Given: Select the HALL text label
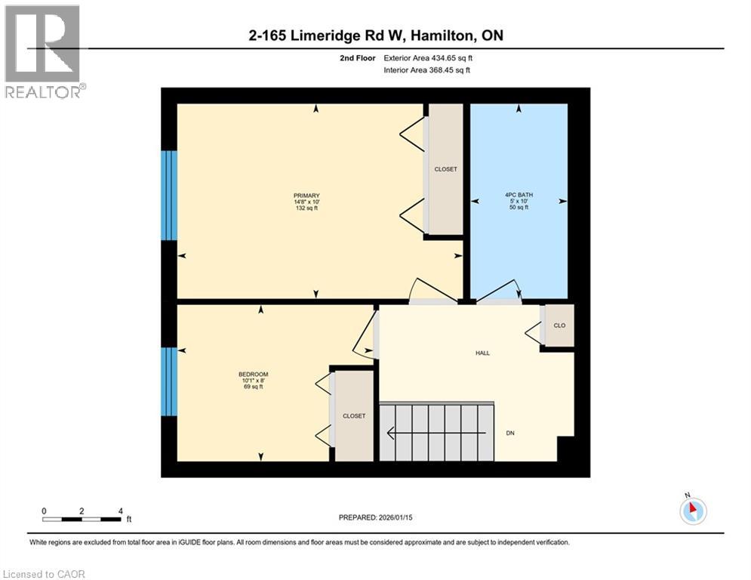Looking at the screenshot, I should coord(482,353).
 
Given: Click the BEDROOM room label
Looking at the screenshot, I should coord(253,375).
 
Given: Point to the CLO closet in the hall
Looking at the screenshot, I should coord(559,325).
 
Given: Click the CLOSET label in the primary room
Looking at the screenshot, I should coord(445,169).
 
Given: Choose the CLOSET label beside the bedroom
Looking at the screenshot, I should coord(354,416).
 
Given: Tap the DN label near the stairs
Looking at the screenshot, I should coord(510,433).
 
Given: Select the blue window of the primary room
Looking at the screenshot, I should coord(170,196).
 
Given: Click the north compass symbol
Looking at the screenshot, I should coord(692,511).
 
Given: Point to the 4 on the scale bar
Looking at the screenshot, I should coord(120,511).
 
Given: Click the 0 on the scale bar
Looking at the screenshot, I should coord(44,511).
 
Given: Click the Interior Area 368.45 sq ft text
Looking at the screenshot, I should coord(427,70).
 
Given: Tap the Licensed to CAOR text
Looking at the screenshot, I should coord(45,574).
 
